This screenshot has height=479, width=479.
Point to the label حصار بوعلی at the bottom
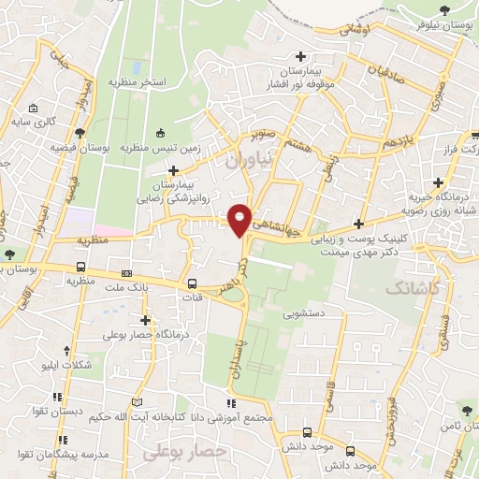point(186,452)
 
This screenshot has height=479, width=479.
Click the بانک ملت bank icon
point(125,274)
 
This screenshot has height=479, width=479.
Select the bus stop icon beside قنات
point(192,283)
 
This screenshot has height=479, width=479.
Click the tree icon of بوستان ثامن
point(465,410)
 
